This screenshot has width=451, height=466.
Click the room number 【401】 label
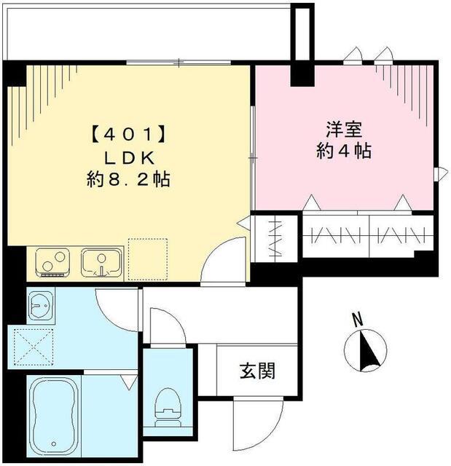click(127, 135)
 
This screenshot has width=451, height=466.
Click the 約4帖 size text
click(344, 151)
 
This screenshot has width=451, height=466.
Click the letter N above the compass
click(357, 319)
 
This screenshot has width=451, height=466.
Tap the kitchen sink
click(101, 262)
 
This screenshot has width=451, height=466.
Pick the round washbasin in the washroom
click(39, 305)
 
